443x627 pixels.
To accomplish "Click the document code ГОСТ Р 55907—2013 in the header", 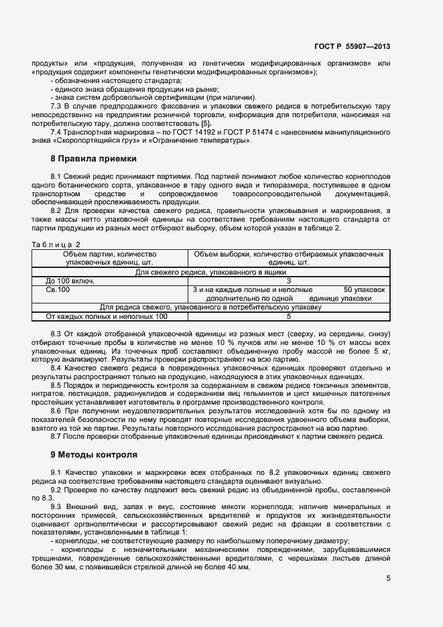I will click(x=353, y=46).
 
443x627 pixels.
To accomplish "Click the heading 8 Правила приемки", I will click(x=93, y=159).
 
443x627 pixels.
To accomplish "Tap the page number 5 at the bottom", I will click(x=388, y=579).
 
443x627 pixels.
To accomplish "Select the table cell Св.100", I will click(x=58, y=290).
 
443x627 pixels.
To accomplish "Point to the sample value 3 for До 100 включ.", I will click(x=288, y=281).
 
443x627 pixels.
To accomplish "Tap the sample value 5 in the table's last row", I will click(x=288, y=316).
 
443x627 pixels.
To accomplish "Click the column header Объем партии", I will click(x=110, y=259).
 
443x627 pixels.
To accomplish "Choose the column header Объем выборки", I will click(x=288, y=259).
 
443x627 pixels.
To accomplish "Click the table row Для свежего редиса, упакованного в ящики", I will click(x=210, y=273).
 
